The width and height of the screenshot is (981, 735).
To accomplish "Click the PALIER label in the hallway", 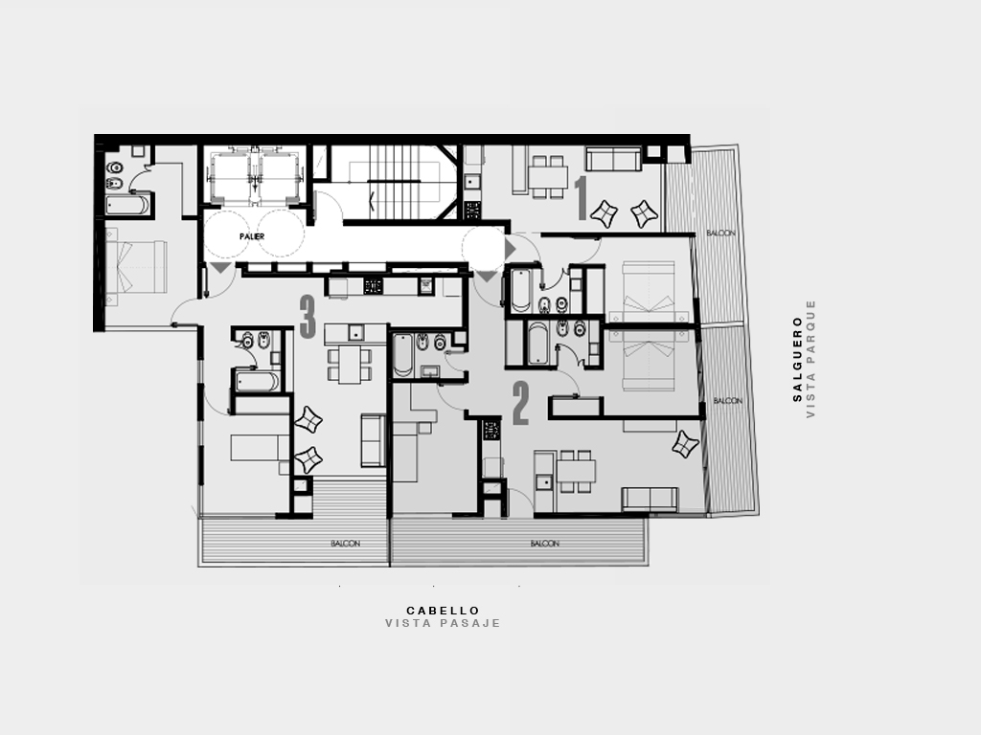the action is click(x=252, y=237).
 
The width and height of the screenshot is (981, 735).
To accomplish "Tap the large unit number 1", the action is click(x=582, y=198).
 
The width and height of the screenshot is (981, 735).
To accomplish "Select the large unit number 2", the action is click(x=520, y=404).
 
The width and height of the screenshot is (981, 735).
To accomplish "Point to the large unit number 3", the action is click(x=308, y=317).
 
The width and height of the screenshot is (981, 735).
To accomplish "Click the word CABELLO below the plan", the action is click(x=443, y=611).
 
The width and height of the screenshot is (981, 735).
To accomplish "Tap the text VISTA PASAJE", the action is click(x=443, y=623).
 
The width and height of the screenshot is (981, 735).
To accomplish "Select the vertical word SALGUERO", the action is click(x=798, y=359).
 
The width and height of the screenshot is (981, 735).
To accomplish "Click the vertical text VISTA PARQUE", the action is click(x=810, y=359).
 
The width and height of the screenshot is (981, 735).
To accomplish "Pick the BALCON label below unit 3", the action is click(x=345, y=544).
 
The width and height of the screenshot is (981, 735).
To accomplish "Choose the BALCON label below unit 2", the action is click(x=545, y=544).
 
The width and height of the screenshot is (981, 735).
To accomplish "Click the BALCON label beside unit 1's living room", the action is click(x=720, y=234).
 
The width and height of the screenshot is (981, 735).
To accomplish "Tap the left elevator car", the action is click(x=231, y=176).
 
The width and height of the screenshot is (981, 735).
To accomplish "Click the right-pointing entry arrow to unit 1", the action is click(x=510, y=249).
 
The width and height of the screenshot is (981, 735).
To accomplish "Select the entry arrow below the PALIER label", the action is click(x=220, y=268).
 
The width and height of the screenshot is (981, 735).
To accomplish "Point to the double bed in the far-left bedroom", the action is click(x=136, y=267).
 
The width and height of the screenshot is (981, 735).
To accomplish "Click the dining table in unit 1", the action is click(x=548, y=176).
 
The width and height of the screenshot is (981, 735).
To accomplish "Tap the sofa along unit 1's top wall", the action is click(x=613, y=159).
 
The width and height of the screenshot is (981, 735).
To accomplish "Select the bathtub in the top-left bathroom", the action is click(x=127, y=205).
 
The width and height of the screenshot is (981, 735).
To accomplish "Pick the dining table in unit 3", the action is click(x=350, y=365).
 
